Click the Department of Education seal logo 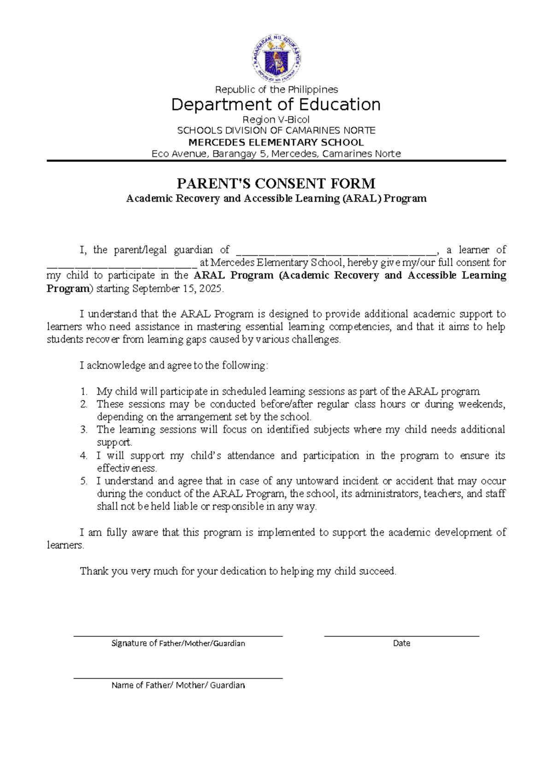[x=276, y=59]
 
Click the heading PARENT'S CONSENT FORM [x=276, y=184]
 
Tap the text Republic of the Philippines [x=276, y=89]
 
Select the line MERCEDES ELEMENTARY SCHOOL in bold [x=276, y=142]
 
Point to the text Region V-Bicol [x=276, y=120]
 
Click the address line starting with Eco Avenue [x=276, y=154]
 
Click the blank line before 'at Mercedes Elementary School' [x=122, y=264]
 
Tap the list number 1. [x=83, y=392]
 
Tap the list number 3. [x=83, y=430]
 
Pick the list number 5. [x=83, y=481]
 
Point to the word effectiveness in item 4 [x=127, y=468]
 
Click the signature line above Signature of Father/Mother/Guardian [x=178, y=636]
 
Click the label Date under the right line [x=401, y=643]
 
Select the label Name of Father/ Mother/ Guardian [x=178, y=685]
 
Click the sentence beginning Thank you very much [x=238, y=571]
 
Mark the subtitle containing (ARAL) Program [x=276, y=198]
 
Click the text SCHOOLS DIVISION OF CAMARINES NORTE [x=276, y=131]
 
